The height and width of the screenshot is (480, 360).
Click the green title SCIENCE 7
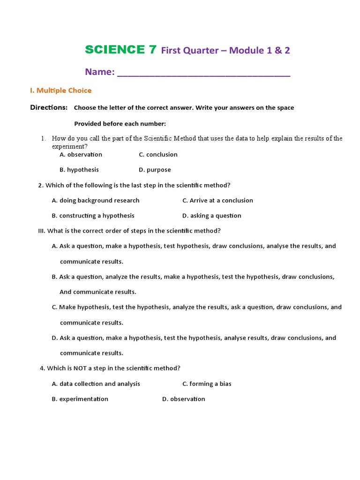pos(120,50)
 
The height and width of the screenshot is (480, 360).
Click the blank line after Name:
pos(203,73)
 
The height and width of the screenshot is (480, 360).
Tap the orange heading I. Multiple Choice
pos(60,90)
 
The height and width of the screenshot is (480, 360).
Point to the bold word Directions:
pos(49,107)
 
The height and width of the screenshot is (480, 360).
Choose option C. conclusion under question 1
pos(158,155)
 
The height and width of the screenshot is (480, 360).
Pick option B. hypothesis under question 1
pos(79,170)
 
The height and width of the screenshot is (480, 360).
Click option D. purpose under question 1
pos(155,170)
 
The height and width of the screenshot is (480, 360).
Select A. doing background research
pos(96,201)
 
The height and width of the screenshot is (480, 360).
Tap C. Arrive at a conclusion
pos(217,201)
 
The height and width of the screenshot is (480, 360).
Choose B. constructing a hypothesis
pos(93,216)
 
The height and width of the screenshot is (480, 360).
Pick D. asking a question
pos(212,216)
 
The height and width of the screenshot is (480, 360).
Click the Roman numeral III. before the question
pos(42,231)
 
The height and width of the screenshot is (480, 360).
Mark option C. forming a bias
pos(207,384)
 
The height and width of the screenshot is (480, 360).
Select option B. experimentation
pos(80,399)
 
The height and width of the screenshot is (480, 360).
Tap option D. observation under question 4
pos(183,399)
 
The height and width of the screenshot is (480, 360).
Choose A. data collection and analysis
pos(96,384)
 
